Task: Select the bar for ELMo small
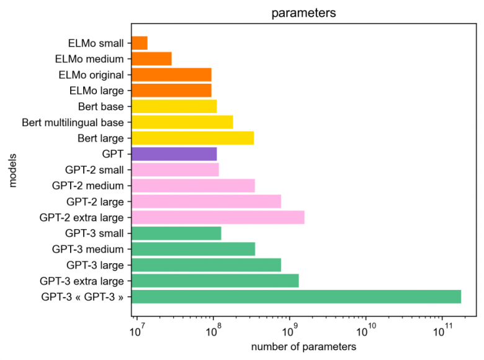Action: click(140, 43)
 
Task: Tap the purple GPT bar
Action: click(174, 154)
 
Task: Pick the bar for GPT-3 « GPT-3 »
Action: click(297, 297)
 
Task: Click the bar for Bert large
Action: click(193, 138)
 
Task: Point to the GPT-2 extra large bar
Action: click(218, 217)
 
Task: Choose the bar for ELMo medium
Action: click(152, 59)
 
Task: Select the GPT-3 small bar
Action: click(177, 233)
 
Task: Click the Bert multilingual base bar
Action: click(182, 122)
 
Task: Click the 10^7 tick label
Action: click(137, 327)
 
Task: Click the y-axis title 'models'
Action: click(13, 170)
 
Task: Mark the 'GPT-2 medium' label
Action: click(88, 186)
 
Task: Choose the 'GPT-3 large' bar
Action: click(207, 265)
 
